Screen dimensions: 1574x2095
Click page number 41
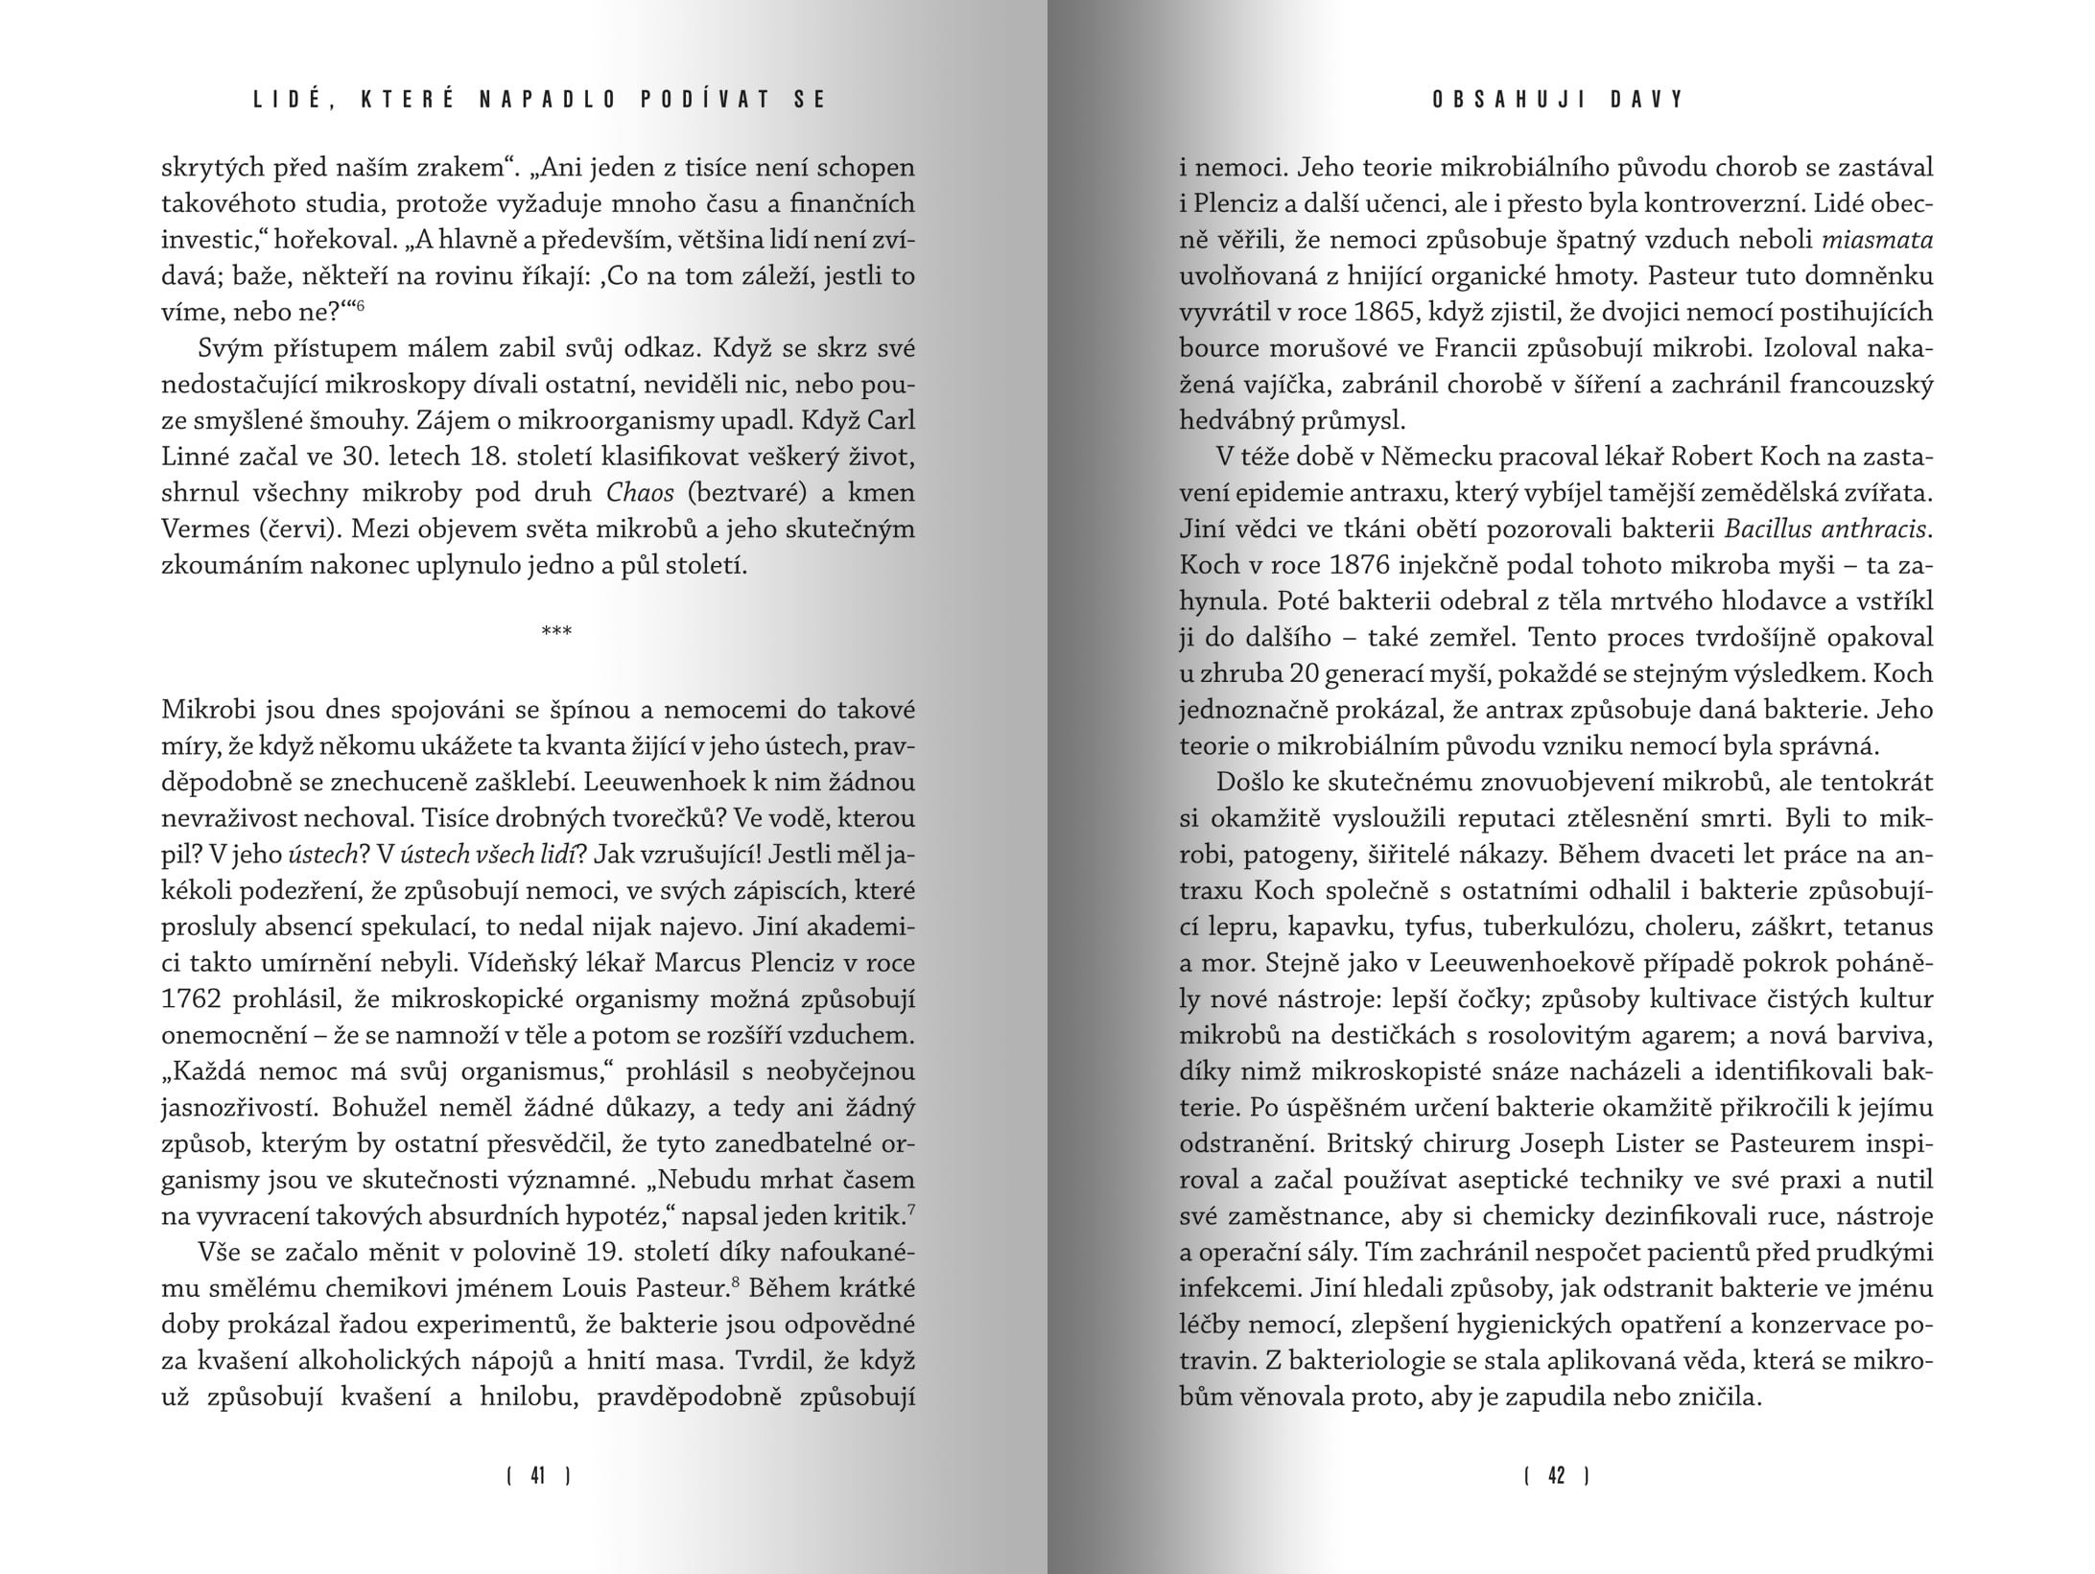tap(538, 1476)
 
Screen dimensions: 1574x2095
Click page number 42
tap(1556, 1476)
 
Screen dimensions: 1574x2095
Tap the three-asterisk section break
tap(556, 631)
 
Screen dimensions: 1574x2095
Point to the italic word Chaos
tap(641, 493)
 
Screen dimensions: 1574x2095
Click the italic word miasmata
tap(1882, 240)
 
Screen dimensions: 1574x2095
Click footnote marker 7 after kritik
tap(910, 1209)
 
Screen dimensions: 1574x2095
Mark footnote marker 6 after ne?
tap(361, 306)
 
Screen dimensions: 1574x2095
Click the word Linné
tap(197, 458)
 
